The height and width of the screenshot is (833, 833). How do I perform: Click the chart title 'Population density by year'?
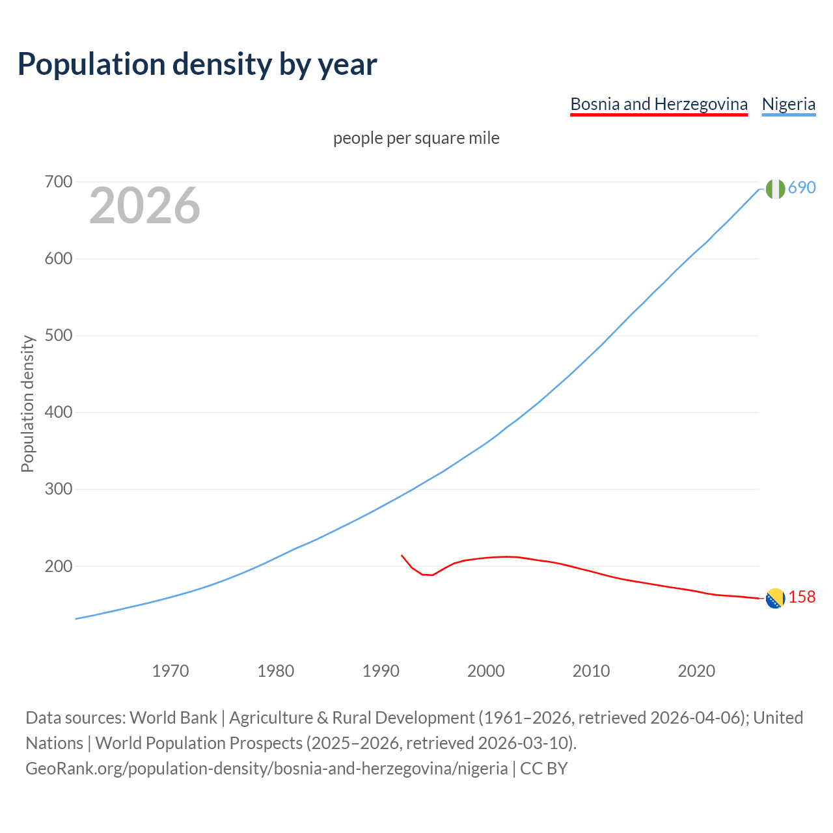[x=197, y=64]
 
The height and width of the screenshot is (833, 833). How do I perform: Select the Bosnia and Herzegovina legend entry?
[x=659, y=104]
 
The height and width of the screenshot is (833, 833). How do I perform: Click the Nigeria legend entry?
[x=788, y=104]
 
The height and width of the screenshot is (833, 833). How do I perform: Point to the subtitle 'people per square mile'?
[x=416, y=139]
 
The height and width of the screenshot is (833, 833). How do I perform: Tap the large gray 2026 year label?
[x=144, y=206]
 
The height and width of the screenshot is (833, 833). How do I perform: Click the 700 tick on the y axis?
[x=58, y=182]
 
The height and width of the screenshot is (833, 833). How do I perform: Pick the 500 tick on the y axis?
[x=58, y=336]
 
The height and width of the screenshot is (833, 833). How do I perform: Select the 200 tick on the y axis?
[x=58, y=566]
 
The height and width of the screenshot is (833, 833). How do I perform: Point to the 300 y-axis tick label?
[x=58, y=489]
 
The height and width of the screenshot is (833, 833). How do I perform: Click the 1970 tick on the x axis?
[x=171, y=671]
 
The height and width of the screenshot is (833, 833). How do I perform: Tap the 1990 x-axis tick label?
[x=381, y=671]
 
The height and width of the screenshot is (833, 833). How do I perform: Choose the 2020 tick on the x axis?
[x=696, y=671]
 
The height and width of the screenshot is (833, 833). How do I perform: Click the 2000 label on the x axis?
[x=486, y=671]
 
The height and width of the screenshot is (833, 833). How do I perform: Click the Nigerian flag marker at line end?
[x=775, y=189]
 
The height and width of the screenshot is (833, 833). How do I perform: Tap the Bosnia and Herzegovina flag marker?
[x=775, y=598]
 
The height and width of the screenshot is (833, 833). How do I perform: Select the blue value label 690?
[x=802, y=188]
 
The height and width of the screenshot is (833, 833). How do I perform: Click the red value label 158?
[x=802, y=597]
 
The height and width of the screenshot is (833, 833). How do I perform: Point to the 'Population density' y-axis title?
[x=27, y=403]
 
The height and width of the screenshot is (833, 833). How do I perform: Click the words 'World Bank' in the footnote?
[x=173, y=718]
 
